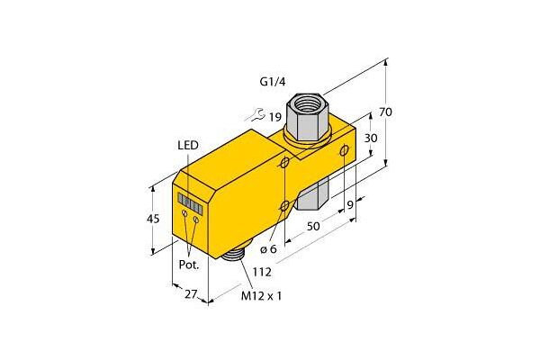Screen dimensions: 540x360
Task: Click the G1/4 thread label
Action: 272,82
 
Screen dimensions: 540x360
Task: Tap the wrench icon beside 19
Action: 254,114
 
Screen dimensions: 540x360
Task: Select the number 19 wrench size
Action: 275,118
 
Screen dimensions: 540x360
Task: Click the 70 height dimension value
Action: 386,112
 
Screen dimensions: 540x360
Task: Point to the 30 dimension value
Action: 371,138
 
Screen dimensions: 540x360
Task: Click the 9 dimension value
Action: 350,205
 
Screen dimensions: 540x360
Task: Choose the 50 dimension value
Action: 313,226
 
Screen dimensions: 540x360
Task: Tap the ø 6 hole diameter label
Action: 268,248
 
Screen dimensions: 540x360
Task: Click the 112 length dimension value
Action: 262,272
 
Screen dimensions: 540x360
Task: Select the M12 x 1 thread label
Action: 261,295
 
